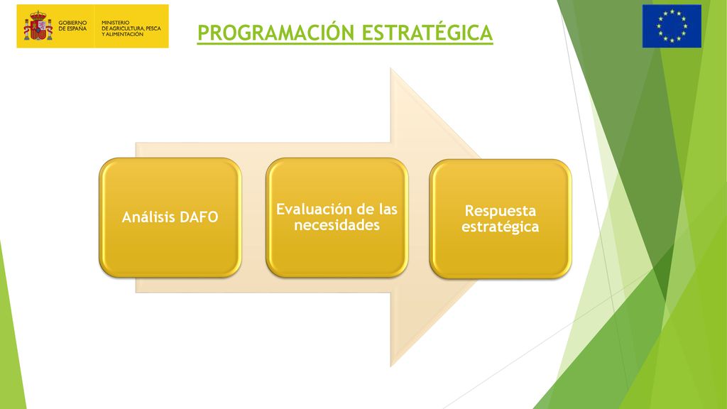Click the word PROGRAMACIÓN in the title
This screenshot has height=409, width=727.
[x=276, y=33]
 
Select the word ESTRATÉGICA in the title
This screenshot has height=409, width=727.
[x=427, y=33]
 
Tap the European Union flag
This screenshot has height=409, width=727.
[x=672, y=26]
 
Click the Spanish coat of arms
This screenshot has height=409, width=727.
[x=38, y=26]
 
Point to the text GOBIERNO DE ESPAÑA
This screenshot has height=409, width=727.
[x=72, y=26]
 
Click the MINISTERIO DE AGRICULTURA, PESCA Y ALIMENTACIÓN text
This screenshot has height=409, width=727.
[x=131, y=28]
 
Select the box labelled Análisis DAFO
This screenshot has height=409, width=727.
[x=170, y=217]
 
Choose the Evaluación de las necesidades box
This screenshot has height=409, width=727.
[x=337, y=217]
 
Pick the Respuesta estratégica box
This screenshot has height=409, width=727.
[x=501, y=219]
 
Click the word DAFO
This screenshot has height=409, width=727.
[x=199, y=217]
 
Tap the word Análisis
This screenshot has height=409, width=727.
[x=148, y=217]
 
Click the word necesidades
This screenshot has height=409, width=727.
[x=337, y=225]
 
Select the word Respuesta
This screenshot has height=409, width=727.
[x=501, y=211]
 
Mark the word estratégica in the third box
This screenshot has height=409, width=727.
[x=501, y=227]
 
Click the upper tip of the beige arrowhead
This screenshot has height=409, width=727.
[x=391, y=68]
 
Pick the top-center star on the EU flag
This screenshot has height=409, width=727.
[x=672, y=11]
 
